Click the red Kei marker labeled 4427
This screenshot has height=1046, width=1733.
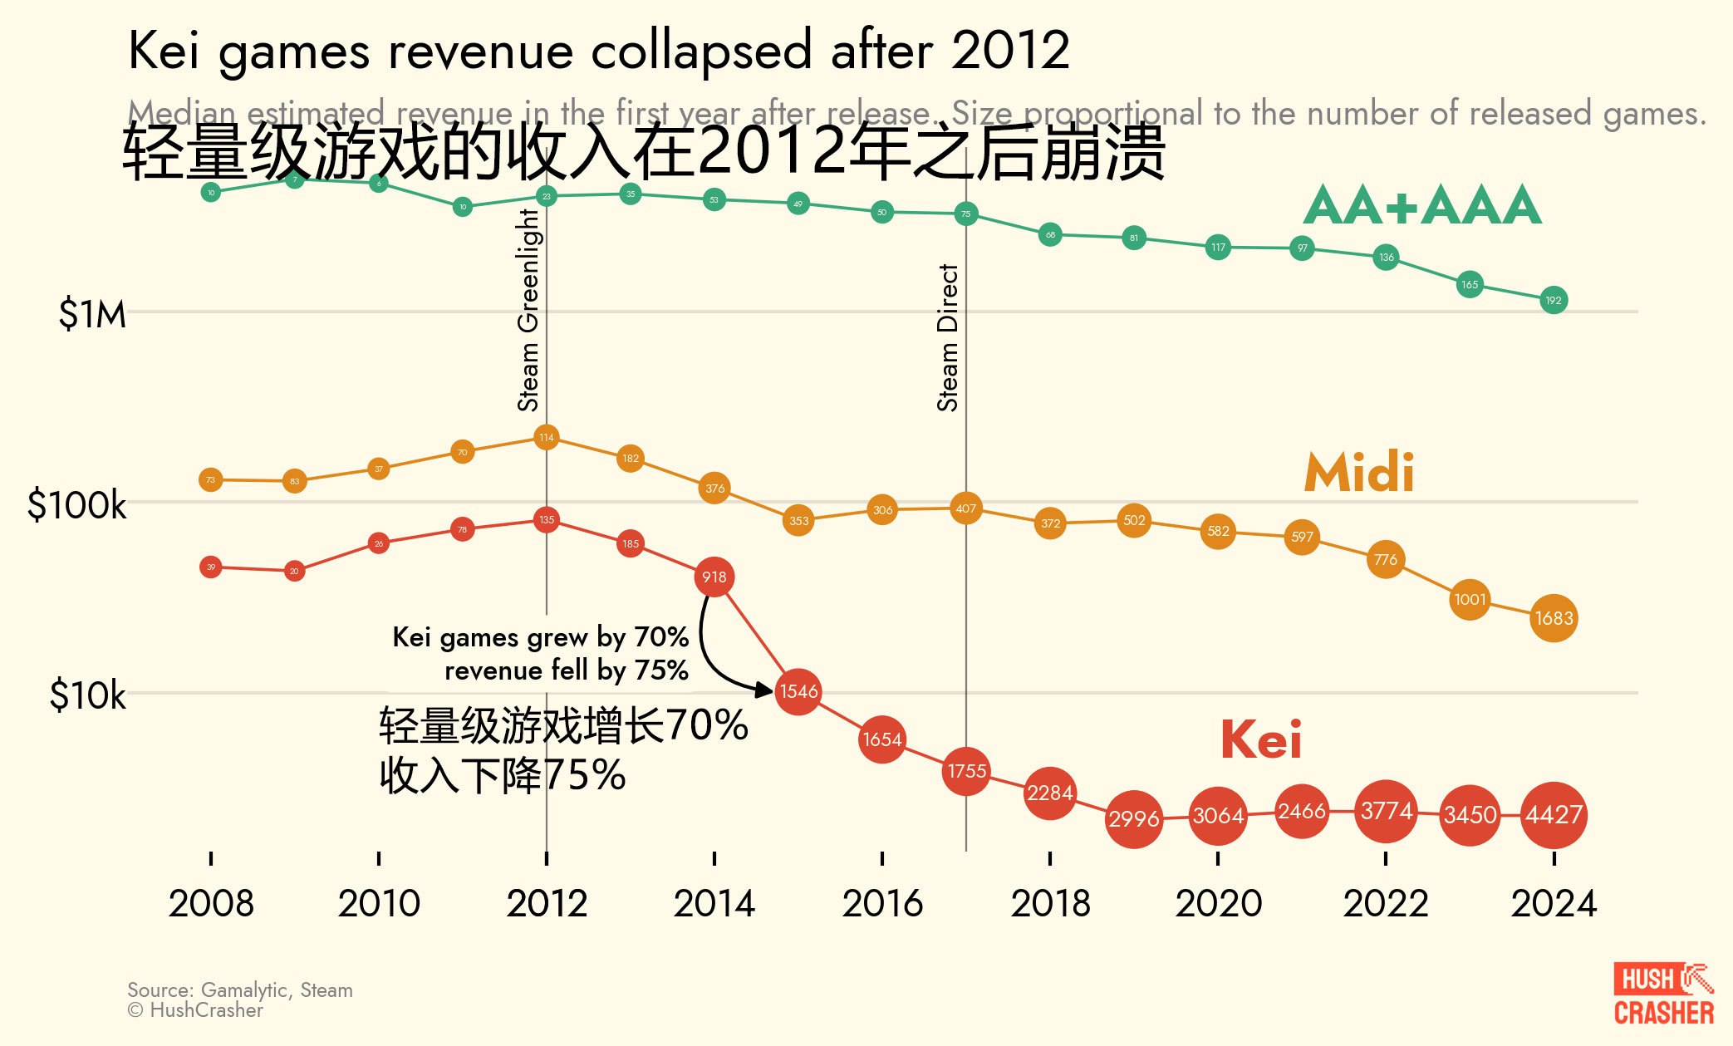[x=1554, y=815]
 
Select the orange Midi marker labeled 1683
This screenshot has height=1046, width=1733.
[x=1554, y=618]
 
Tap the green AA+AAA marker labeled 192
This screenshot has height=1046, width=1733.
[x=1554, y=300]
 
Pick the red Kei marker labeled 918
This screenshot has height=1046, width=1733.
[x=714, y=577]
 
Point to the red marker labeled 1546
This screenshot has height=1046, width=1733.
[x=798, y=691]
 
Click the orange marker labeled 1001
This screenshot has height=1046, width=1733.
[x=1470, y=599]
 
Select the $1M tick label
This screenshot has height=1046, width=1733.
[x=92, y=315]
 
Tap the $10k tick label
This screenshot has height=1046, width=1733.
[x=87, y=695]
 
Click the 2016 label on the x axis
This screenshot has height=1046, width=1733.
[x=882, y=903]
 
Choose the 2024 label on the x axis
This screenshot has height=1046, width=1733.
[x=1554, y=903]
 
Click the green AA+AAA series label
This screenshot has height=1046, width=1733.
[x=1422, y=205]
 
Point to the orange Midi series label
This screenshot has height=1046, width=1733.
[x=1359, y=473]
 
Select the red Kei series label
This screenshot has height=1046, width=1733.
[x=1260, y=739]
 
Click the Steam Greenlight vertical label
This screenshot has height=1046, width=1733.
[x=529, y=309]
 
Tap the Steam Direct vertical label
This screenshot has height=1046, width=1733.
[x=948, y=337]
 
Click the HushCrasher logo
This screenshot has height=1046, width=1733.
[x=1663, y=994]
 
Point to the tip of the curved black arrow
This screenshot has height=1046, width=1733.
[x=772, y=690]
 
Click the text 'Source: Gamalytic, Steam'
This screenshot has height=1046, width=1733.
[x=240, y=990]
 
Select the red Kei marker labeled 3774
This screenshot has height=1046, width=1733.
[x=1386, y=810]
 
